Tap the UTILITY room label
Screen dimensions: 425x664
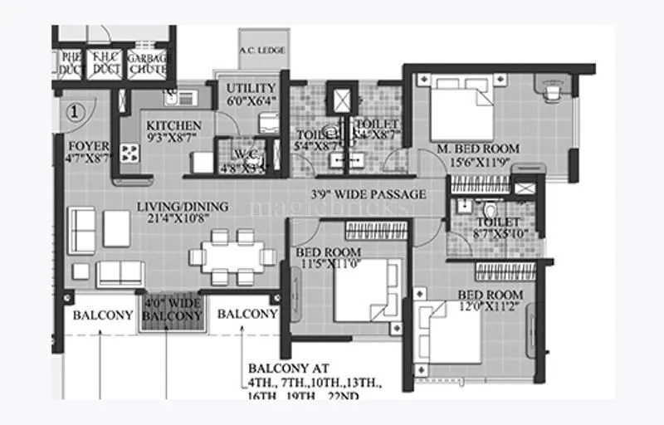[251, 87]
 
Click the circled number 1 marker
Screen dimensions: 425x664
[75, 110]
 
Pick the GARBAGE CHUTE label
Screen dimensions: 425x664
[150, 64]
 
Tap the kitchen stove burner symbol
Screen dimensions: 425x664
[129, 153]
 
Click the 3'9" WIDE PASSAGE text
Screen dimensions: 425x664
[368, 194]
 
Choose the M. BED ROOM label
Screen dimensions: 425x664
[478, 149]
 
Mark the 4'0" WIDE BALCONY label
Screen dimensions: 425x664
[172, 310]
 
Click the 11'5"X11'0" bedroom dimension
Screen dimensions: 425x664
[330, 265]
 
